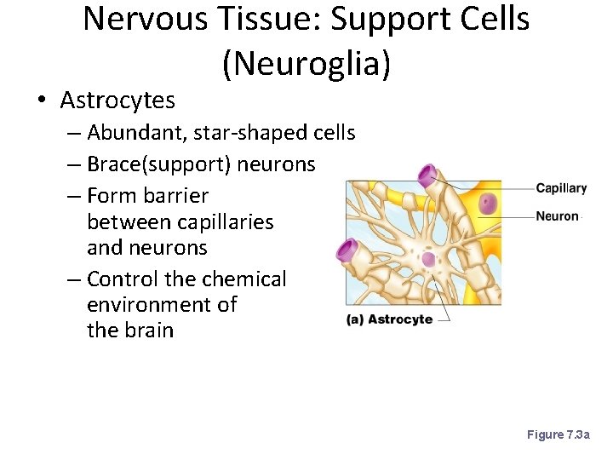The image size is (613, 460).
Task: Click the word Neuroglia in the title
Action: [306, 64]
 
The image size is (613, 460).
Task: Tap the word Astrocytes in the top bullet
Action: [117, 101]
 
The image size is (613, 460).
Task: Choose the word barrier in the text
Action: [178, 195]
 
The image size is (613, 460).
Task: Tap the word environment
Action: [153, 304]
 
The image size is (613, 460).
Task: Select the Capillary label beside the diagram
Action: [561, 188]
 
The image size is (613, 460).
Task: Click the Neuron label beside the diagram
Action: [557, 216]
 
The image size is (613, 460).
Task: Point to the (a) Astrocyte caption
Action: [389, 319]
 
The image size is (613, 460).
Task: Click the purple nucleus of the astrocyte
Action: [428, 259]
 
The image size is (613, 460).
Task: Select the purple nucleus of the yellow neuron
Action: [488, 204]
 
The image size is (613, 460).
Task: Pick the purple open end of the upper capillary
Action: [427, 177]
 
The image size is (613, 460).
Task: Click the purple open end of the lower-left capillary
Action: [347, 250]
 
